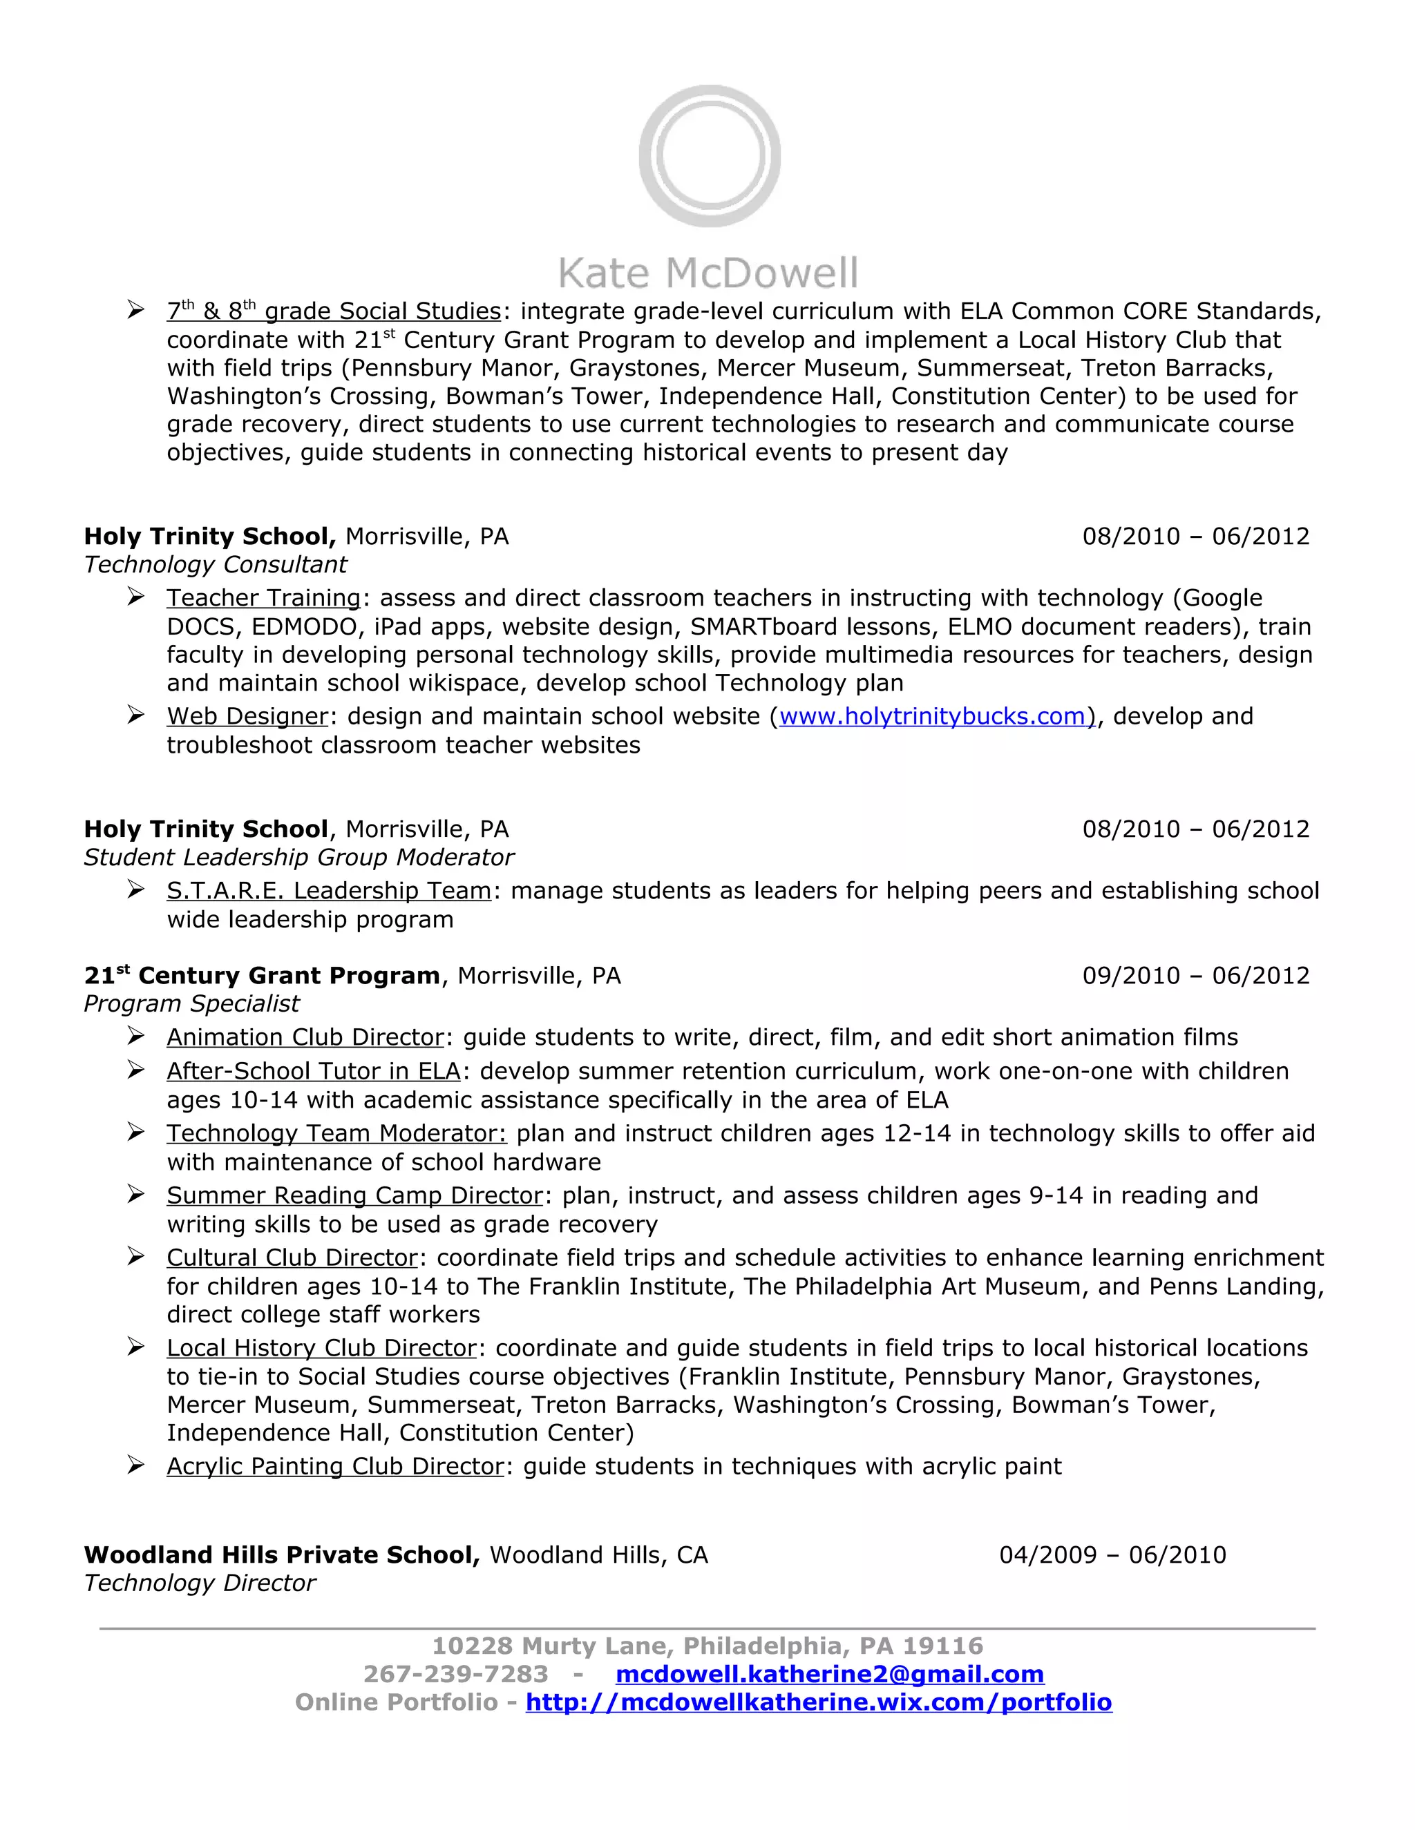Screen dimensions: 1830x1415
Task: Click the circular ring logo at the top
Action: click(x=709, y=157)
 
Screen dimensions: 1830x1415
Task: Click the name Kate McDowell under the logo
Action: click(x=708, y=274)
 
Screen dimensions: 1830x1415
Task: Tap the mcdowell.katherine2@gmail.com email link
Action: click(x=829, y=1674)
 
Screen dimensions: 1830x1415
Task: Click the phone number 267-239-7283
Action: click(x=455, y=1674)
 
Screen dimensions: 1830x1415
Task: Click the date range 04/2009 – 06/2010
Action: click(x=1112, y=1555)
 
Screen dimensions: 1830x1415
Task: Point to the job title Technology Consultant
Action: click(x=216, y=565)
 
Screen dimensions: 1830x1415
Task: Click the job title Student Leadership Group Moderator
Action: click(x=298, y=857)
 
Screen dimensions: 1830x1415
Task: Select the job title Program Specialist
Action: click(x=192, y=1004)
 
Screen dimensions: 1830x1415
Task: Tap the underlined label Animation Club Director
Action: click(x=305, y=1037)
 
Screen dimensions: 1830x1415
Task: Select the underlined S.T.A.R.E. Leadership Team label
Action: click(x=329, y=891)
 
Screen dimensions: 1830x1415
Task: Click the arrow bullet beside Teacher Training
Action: click(x=136, y=597)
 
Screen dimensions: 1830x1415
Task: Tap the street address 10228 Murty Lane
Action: click(x=553, y=1646)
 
